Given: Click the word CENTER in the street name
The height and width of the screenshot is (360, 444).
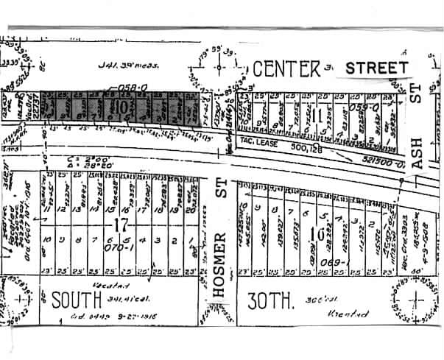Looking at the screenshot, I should tap(287, 69).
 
